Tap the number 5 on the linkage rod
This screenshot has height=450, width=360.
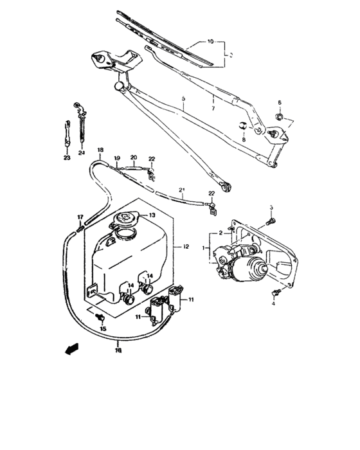(x=183, y=99)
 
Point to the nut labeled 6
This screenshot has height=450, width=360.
(x=280, y=116)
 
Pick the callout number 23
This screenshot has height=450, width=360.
(x=66, y=156)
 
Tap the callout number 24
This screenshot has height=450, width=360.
(x=82, y=153)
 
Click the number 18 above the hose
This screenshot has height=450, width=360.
(x=100, y=150)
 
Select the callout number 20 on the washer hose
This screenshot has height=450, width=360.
(x=134, y=157)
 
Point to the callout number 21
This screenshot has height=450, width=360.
(x=181, y=189)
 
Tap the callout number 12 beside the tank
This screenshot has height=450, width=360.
(x=186, y=246)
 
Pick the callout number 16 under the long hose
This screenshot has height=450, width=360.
(x=118, y=351)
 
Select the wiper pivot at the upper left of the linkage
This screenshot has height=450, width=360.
(x=100, y=57)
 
